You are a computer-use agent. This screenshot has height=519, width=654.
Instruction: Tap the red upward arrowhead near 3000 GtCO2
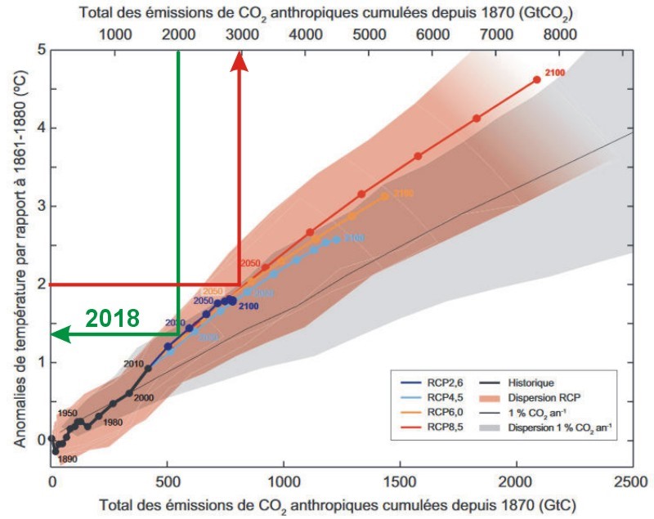click(239, 62)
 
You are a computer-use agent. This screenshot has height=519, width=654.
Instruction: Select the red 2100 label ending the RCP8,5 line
click(556, 74)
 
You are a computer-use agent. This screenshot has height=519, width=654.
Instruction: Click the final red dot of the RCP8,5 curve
click(536, 80)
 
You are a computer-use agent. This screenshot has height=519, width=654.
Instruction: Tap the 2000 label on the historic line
click(143, 397)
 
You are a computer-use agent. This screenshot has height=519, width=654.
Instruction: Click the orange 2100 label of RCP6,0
click(403, 193)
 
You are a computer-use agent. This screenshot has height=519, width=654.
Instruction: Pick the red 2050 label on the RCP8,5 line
click(249, 263)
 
